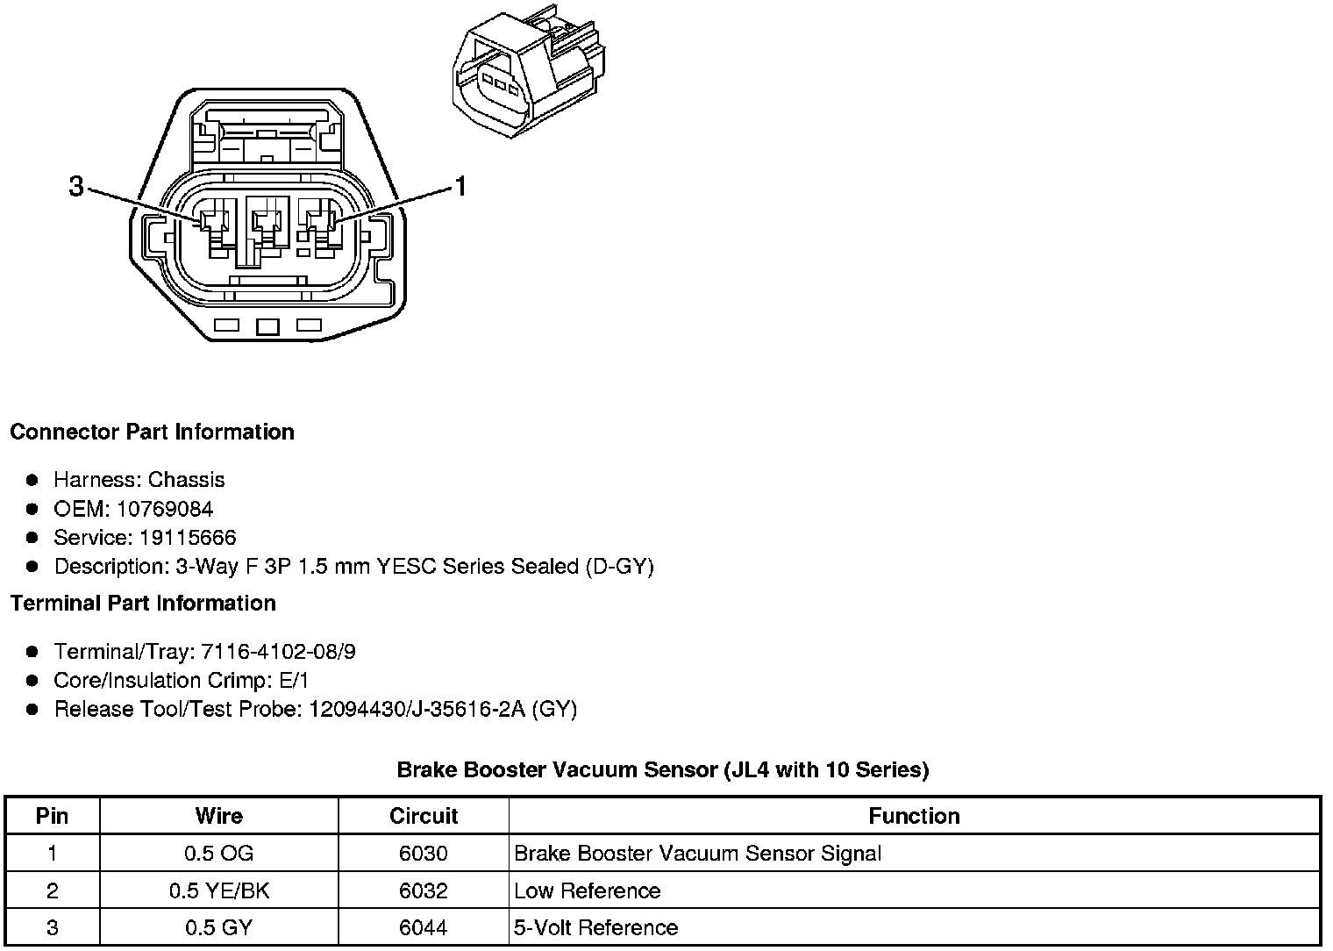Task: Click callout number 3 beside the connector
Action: click(77, 186)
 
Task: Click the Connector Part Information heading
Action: click(152, 432)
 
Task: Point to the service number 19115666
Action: click(188, 538)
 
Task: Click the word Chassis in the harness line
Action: click(186, 480)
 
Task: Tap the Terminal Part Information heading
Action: click(143, 603)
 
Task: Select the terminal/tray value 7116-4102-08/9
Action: click(278, 652)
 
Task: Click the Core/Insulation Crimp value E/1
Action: click(292, 681)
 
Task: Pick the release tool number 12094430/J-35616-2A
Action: click(417, 709)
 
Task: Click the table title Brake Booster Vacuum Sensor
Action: click(662, 769)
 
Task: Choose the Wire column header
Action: click(218, 816)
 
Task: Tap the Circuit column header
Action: click(424, 816)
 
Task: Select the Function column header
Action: click(914, 816)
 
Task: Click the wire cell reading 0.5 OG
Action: click(218, 854)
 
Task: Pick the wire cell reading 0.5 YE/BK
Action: click(218, 891)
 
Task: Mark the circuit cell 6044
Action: click(424, 928)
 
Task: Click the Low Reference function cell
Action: click(587, 891)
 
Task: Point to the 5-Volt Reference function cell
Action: click(595, 928)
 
